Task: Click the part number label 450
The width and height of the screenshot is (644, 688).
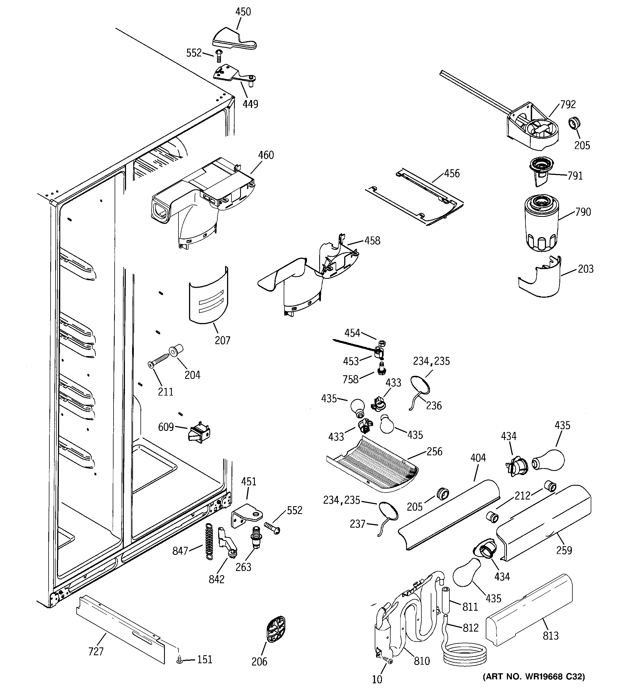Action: click(243, 12)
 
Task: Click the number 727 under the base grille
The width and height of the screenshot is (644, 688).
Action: click(96, 651)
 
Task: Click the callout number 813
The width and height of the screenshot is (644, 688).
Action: click(550, 635)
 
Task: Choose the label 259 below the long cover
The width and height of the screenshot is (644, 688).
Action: click(564, 550)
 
